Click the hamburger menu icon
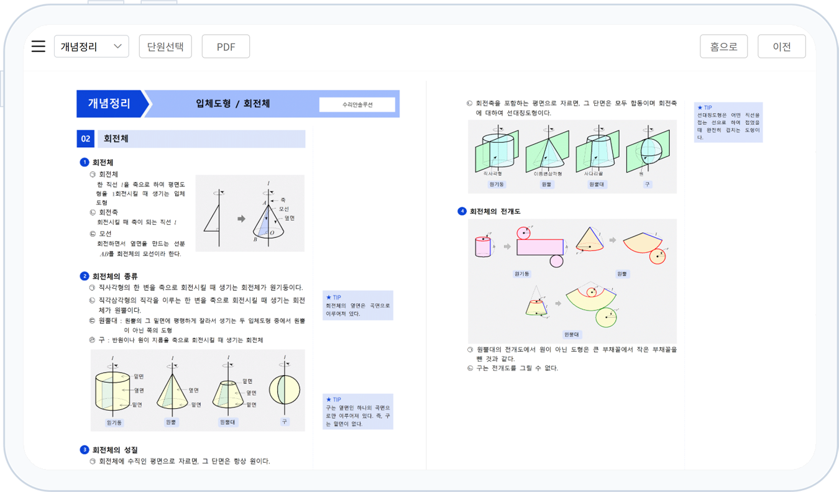[39, 47]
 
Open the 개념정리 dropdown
[91, 47]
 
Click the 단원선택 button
[165, 47]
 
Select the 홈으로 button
[723, 47]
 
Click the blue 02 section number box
[85, 139]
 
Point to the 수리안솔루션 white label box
[357, 105]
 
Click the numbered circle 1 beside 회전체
[85, 163]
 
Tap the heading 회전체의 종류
[115, 276]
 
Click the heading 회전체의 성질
[115, 450]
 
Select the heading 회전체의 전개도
[495, 211]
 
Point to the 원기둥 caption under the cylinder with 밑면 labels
[114, 422]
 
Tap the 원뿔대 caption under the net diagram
[572, 334]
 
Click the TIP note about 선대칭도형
[728, 122]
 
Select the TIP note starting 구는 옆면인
[357, 411]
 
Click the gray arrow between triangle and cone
[241, 219]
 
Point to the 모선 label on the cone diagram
[283, 209]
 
